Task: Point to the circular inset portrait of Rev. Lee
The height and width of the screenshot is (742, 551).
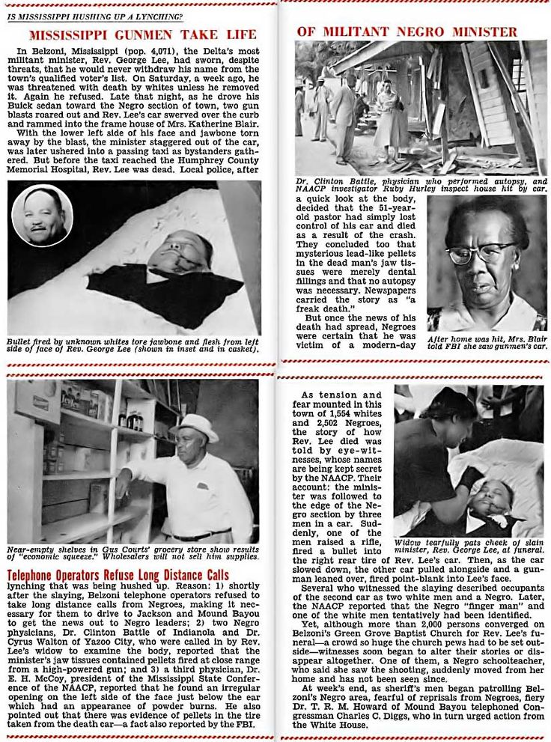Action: tap(42, 215)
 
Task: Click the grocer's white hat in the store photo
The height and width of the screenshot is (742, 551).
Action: tap(193, 426)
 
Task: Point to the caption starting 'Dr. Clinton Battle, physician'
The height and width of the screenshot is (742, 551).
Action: tap(421, 185)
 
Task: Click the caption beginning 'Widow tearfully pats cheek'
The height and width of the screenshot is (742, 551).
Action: tap(469, 546)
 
